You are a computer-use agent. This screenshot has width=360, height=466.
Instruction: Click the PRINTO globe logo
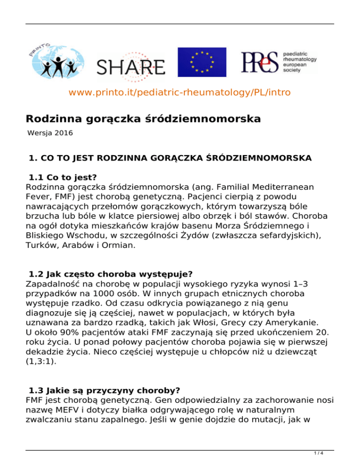(x=55, y=61)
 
